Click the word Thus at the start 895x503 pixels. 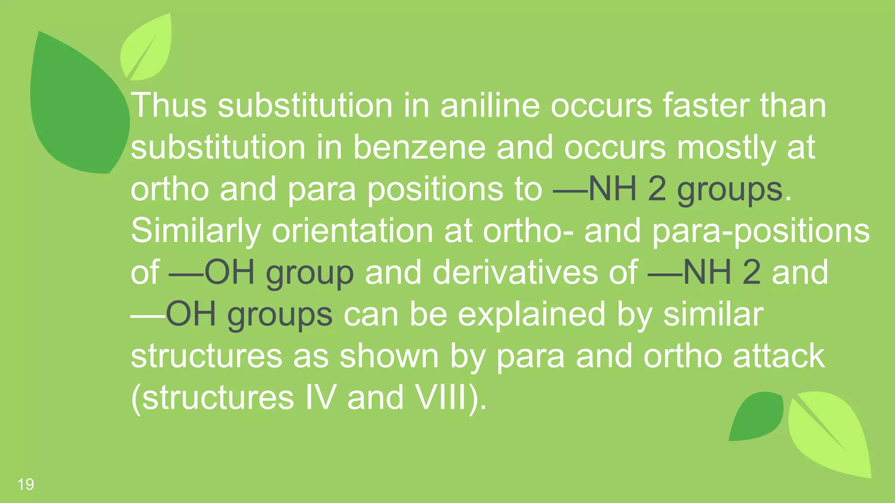point(169,106)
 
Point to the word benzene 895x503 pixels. point(419,148)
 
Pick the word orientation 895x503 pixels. point(352,231)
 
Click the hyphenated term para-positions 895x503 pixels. point(761,231)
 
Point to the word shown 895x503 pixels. point(389,356)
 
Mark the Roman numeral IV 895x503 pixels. point(321,397)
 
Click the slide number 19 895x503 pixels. point(26,484)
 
